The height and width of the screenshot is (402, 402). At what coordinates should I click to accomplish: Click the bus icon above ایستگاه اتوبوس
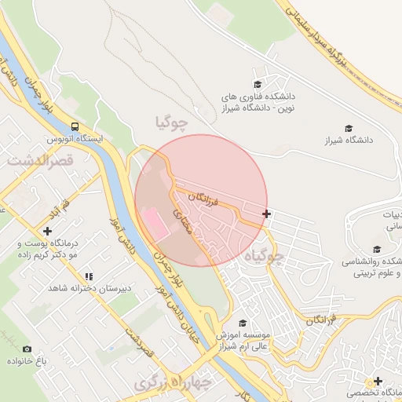click(75, 126)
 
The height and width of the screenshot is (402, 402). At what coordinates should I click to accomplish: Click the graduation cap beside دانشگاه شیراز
click(349, 128)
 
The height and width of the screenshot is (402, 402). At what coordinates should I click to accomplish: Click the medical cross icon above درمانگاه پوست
click(48, 232)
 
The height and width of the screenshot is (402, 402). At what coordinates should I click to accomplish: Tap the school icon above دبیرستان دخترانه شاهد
click(89, 276)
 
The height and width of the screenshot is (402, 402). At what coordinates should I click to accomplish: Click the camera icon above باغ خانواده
click(27, 349)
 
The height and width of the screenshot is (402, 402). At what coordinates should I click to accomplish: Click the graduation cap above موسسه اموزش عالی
click(243, 323)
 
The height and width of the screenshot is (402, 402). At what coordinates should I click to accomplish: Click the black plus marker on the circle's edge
click(267, 214)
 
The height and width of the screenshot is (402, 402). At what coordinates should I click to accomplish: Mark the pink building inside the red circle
click(154, 223)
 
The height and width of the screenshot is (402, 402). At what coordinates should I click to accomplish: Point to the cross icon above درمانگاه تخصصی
click(378, 381)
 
